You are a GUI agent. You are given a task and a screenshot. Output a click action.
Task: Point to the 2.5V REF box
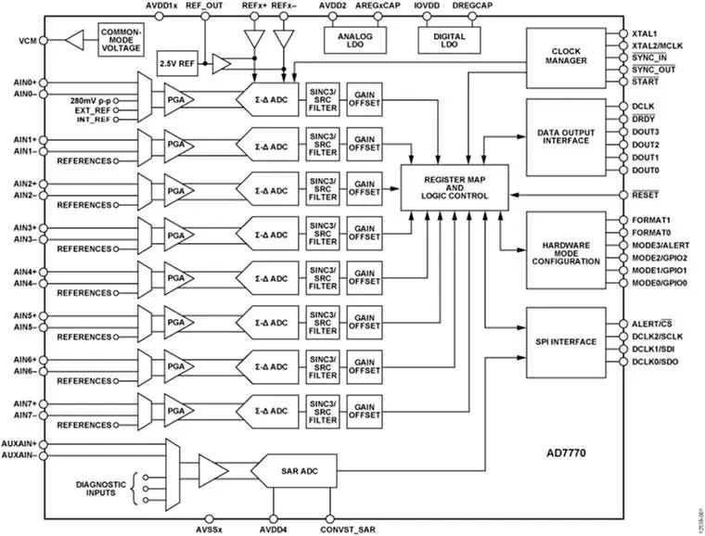click(177, 63)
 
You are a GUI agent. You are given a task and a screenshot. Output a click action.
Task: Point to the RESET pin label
click(646, 195)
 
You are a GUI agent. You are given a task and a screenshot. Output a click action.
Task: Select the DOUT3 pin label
click(646, 131)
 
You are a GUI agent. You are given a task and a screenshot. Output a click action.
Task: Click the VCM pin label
click(27, 42)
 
